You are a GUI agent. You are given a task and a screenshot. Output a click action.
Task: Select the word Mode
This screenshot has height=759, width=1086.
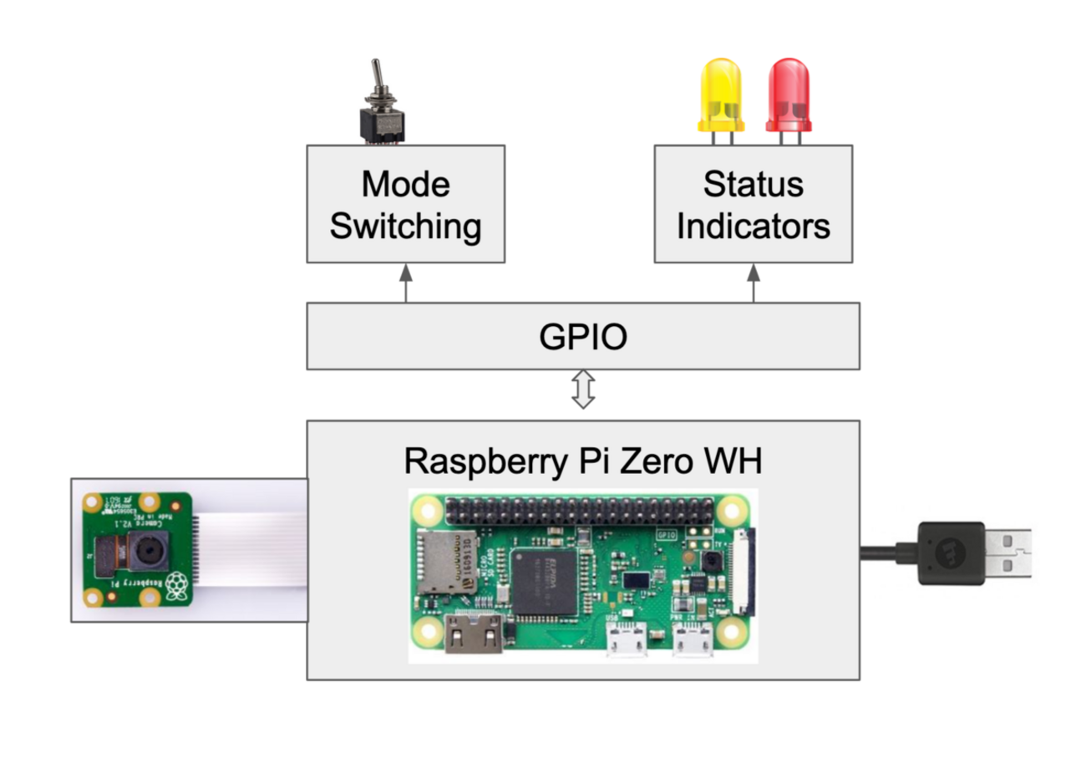[x=405, y=185]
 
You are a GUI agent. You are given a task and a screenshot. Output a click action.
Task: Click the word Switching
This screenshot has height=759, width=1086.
[x=405, y=226]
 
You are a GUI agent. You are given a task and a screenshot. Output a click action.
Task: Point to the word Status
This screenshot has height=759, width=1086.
[x=753, y=185]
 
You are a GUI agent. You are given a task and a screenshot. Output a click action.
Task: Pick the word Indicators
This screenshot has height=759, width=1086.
[x=753, y=226]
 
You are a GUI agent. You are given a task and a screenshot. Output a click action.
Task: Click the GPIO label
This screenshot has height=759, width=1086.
[x=582, y=337]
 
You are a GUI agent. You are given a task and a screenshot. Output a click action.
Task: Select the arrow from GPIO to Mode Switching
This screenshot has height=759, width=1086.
[x=406, y=283]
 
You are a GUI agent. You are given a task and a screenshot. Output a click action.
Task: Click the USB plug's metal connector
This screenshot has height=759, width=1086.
[x=1007, y=553]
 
